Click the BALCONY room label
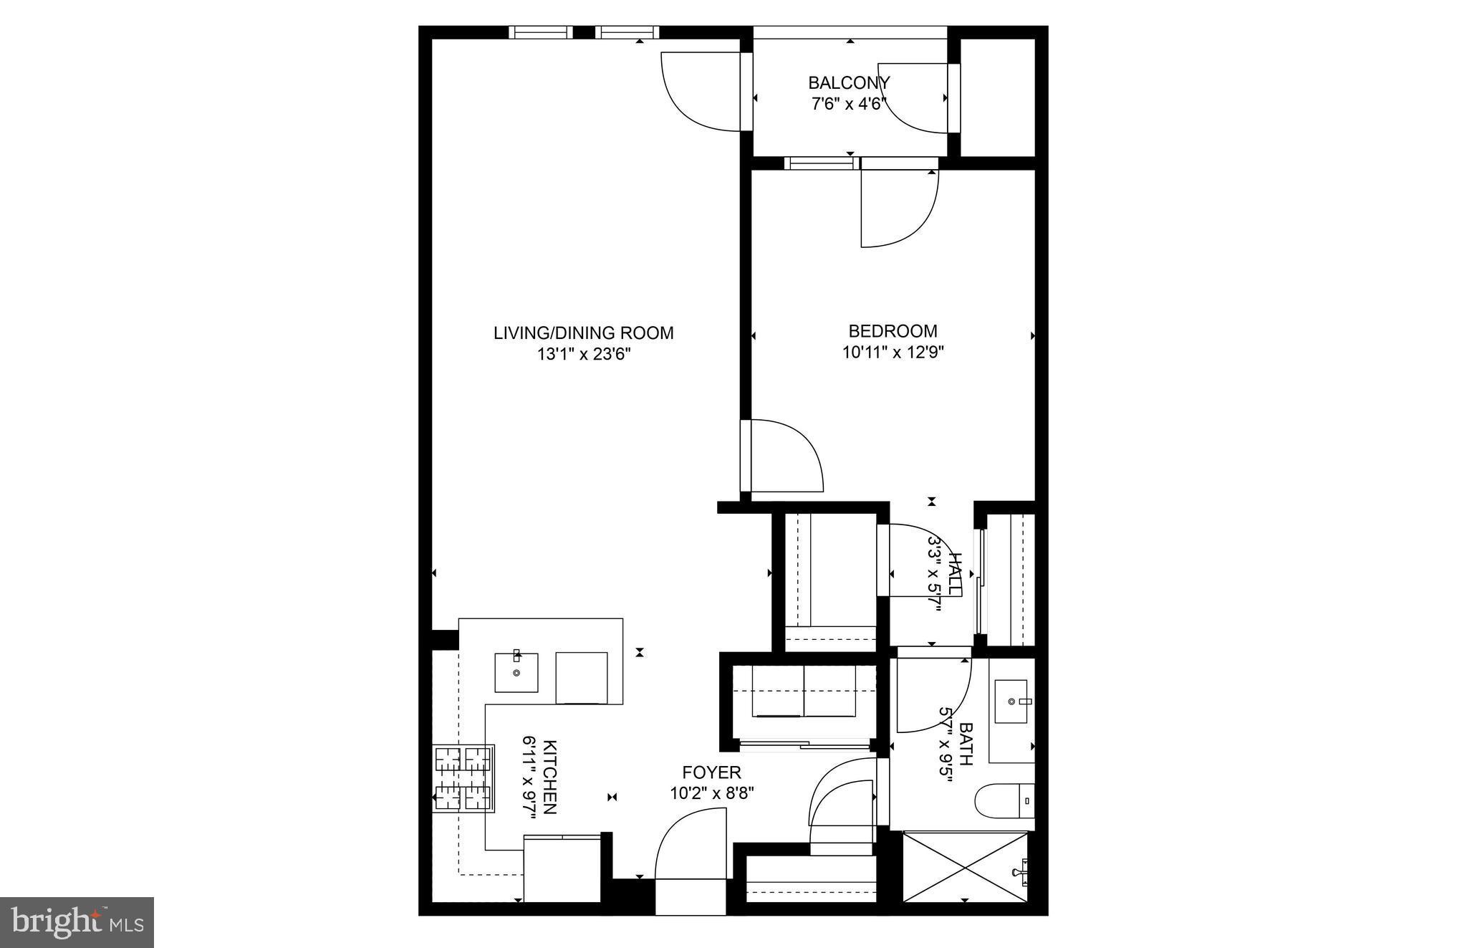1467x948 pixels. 849,82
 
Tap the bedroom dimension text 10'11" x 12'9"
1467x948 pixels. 893,353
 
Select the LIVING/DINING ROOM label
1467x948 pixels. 583,333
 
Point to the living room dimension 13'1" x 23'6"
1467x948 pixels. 583,354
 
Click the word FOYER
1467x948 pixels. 711,772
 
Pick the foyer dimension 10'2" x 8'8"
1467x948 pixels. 711,793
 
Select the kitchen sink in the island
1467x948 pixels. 516,672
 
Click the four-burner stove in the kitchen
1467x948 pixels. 463,779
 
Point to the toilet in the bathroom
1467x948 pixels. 1004,800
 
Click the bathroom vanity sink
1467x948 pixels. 1011,700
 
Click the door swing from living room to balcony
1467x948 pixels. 698,91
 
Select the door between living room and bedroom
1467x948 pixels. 782,456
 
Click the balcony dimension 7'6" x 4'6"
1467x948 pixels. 849,104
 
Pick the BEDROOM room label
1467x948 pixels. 893,331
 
